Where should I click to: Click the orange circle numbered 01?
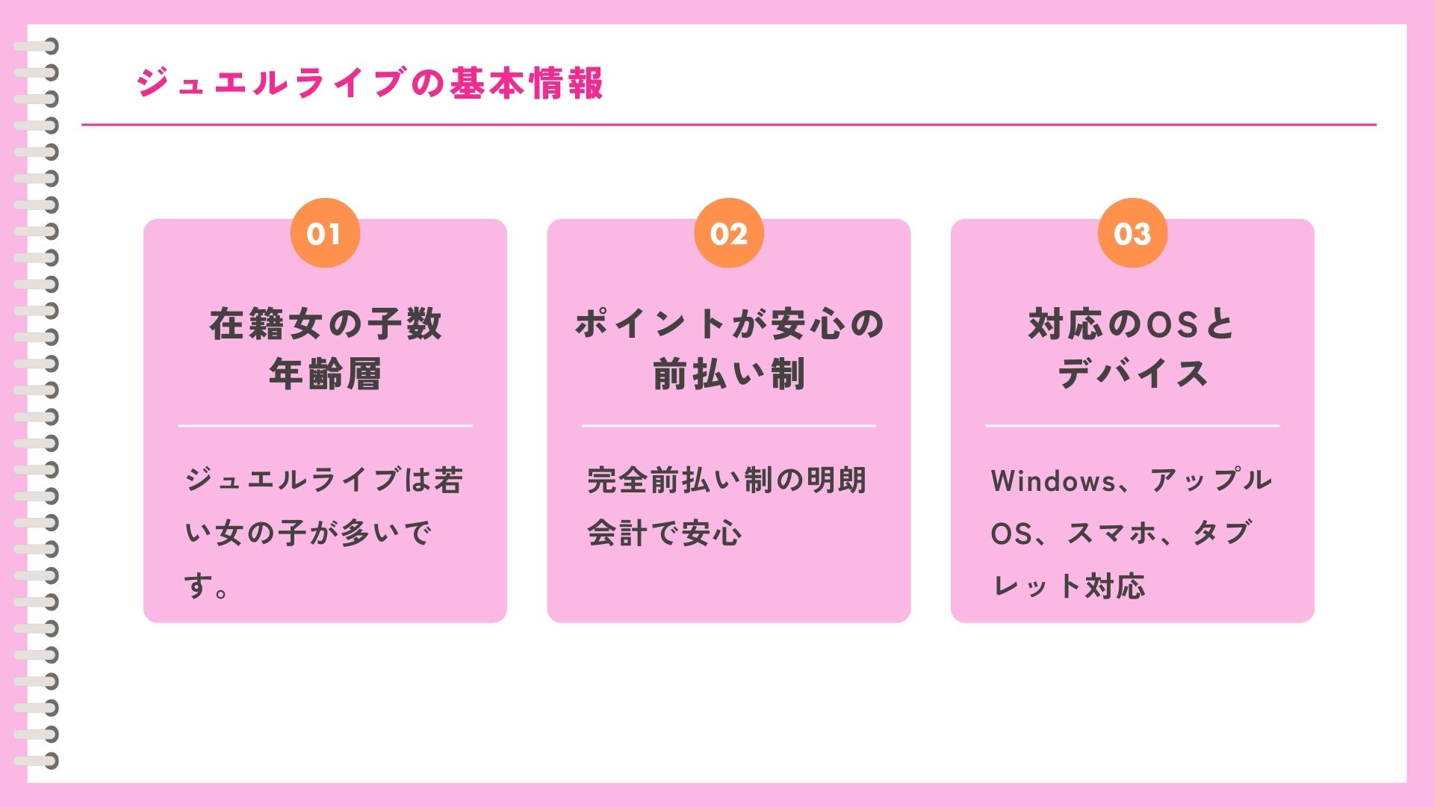325,233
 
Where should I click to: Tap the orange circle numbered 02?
729,233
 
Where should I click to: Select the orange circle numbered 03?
1132,233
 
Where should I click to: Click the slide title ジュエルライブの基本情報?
370,82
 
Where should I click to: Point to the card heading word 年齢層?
325,374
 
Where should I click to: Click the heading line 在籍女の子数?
325,324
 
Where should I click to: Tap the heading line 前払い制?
729,374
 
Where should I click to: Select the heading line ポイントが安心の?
729,324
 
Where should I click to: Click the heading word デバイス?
1132,374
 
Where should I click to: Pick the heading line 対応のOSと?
1132,324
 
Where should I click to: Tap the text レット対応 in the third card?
1068,586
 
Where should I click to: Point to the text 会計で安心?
664,533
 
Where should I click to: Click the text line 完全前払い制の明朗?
726,480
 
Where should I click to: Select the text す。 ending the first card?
206,586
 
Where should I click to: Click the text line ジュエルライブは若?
324,480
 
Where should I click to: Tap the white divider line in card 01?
325,426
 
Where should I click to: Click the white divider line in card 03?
1132,426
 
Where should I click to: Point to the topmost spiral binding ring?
36,46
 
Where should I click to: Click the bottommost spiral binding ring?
36,761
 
